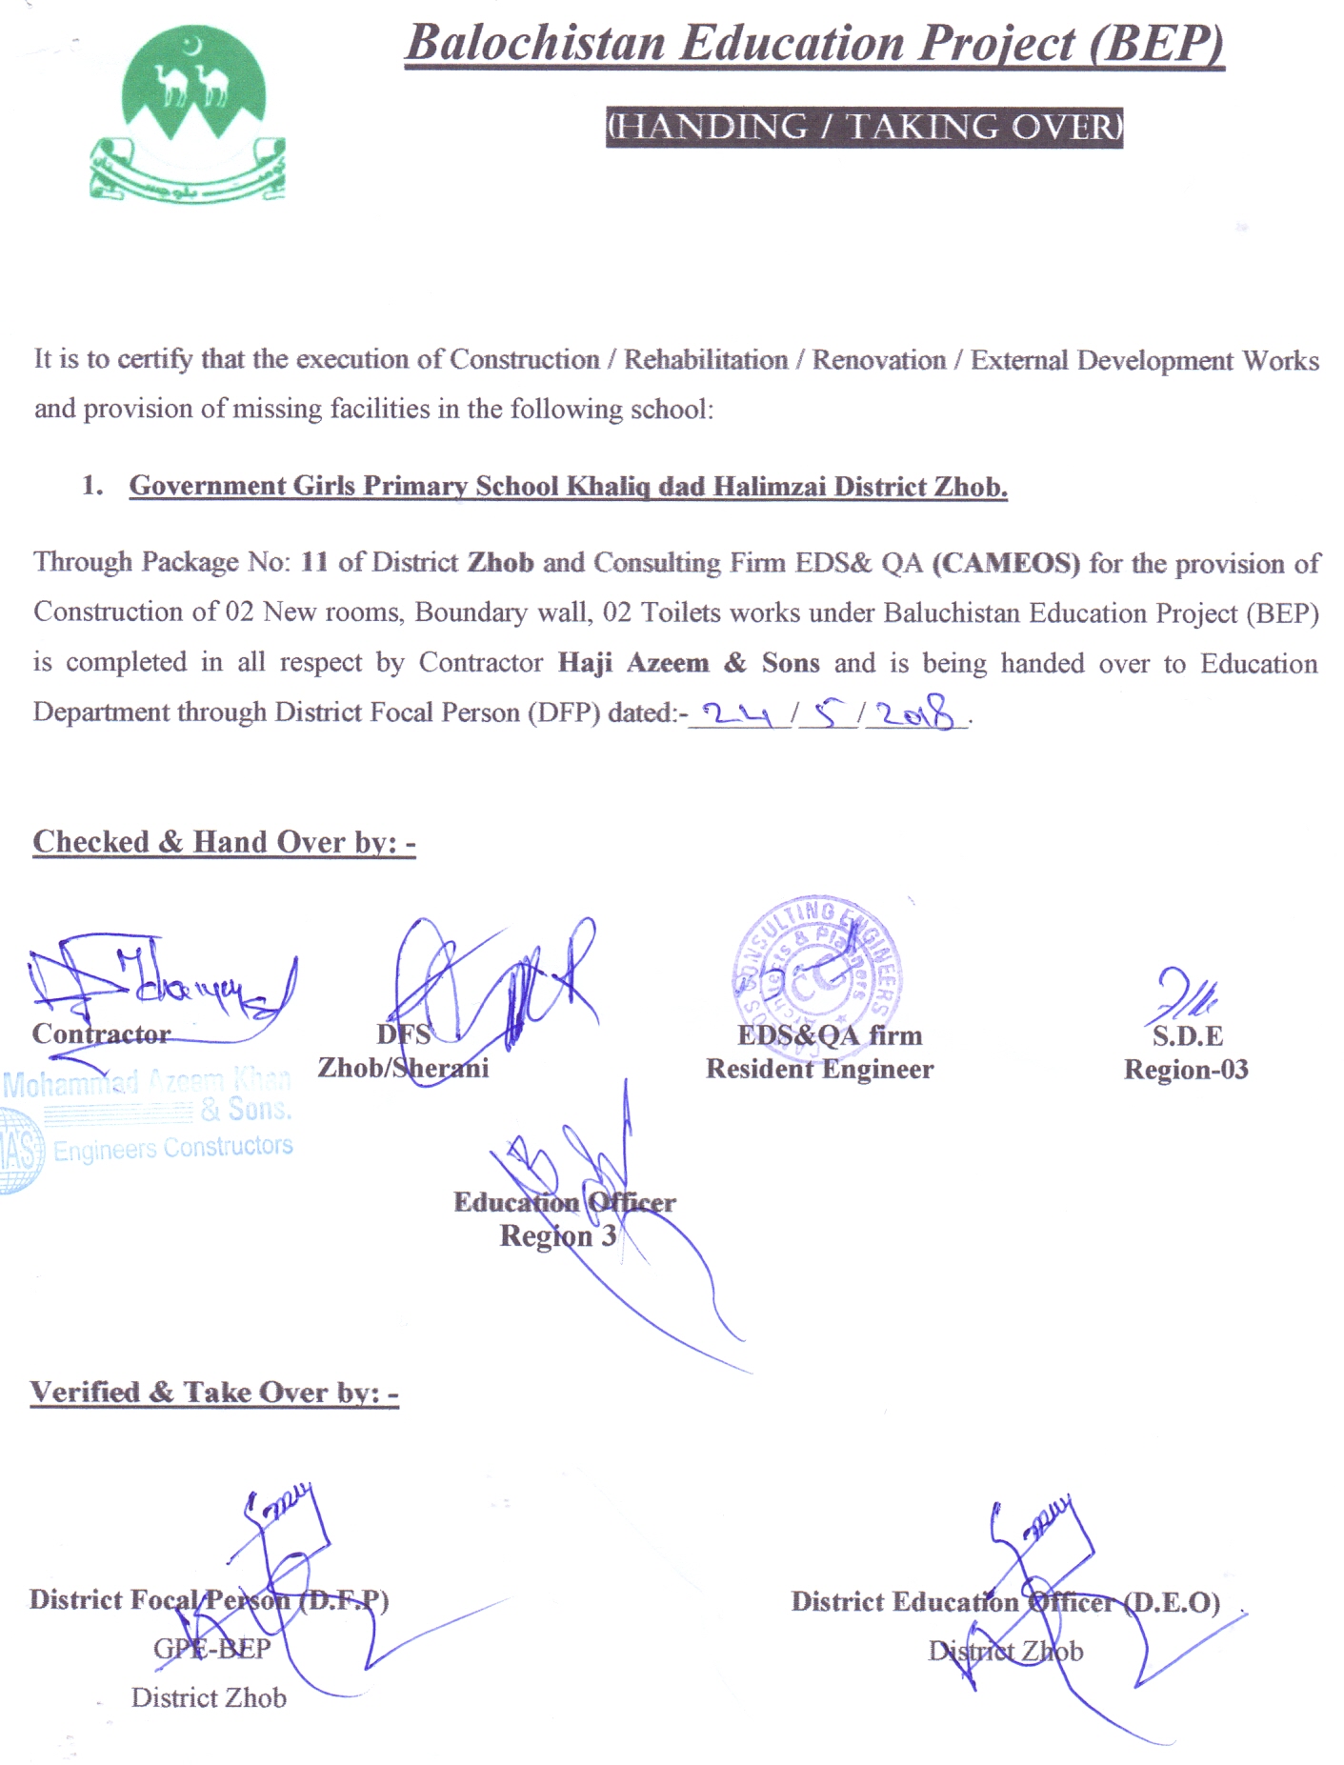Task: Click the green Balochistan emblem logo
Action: pos(188,114)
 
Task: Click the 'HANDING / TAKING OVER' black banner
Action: pos(864,128)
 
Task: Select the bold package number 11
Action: pos(314,562)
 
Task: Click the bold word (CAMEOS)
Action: pos(1006,563)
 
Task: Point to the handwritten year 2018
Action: pos(914,712)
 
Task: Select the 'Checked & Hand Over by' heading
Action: pos(224,842)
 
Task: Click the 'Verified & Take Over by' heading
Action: pos(214,1393)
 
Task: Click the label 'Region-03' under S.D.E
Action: pos(1186,1070)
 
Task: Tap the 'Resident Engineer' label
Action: pos(819,1070)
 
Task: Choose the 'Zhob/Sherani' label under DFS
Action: pos(403,1068)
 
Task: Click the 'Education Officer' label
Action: pos(564,1203)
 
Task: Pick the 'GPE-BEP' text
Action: pos(211,1649)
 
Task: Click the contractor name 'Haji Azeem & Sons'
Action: pos(688,663)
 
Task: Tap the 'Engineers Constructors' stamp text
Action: pos(172,1148)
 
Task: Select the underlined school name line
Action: pos(568,487)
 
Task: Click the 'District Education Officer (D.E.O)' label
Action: pos(1005,1602)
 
